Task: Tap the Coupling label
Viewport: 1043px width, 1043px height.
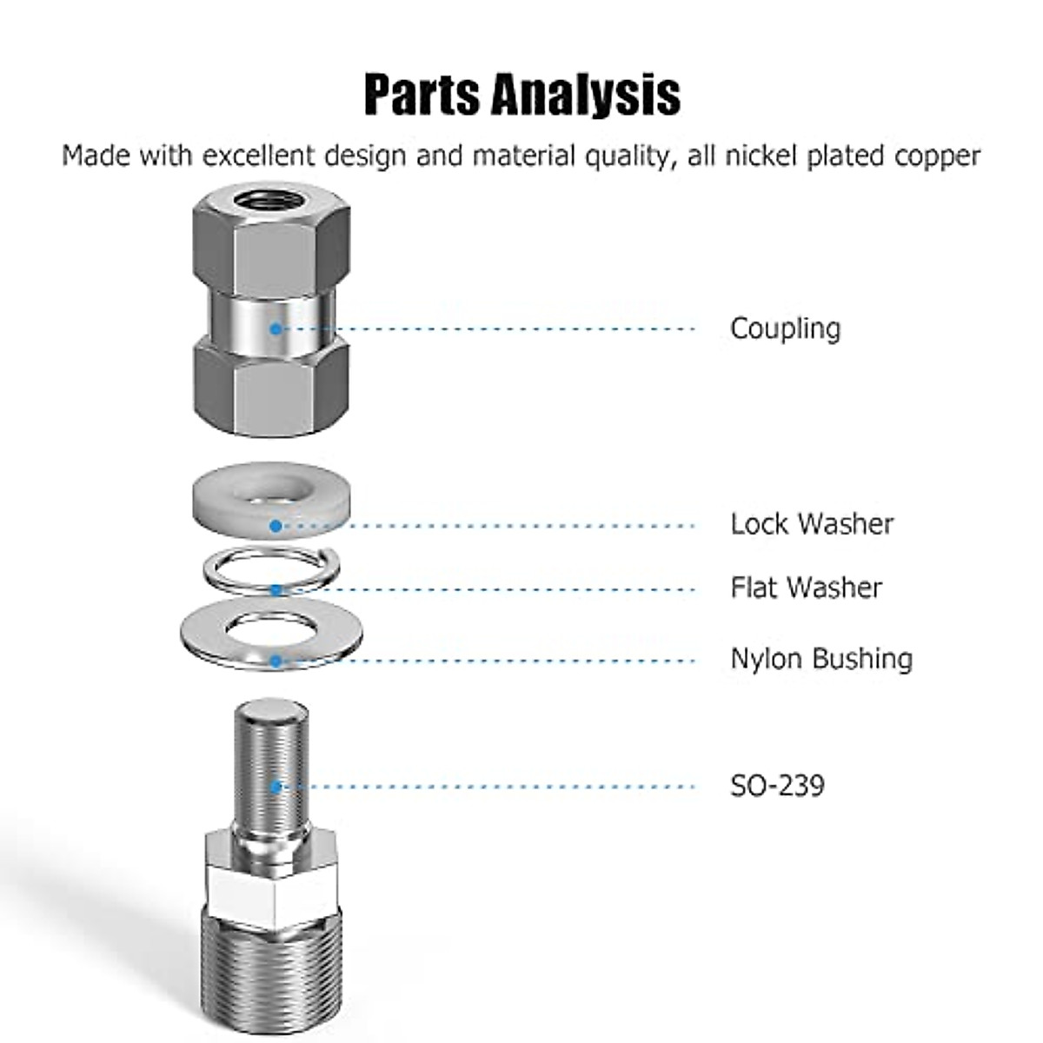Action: (785, 329)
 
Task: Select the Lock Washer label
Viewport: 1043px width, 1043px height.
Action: (811, 524)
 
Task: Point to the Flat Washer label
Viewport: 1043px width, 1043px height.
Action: (806, 588)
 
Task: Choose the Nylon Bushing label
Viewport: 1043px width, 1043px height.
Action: (820, 659)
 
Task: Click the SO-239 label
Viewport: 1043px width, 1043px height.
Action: (777, 786)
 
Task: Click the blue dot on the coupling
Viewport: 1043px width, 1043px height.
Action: (276, 329)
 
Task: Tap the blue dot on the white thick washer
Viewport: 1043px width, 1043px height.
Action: (276, 526)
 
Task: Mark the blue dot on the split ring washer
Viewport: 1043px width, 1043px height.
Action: (276, 590)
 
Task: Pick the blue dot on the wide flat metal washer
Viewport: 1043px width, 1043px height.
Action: (276, 661)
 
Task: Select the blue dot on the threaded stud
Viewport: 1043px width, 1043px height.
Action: (276, 787)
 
